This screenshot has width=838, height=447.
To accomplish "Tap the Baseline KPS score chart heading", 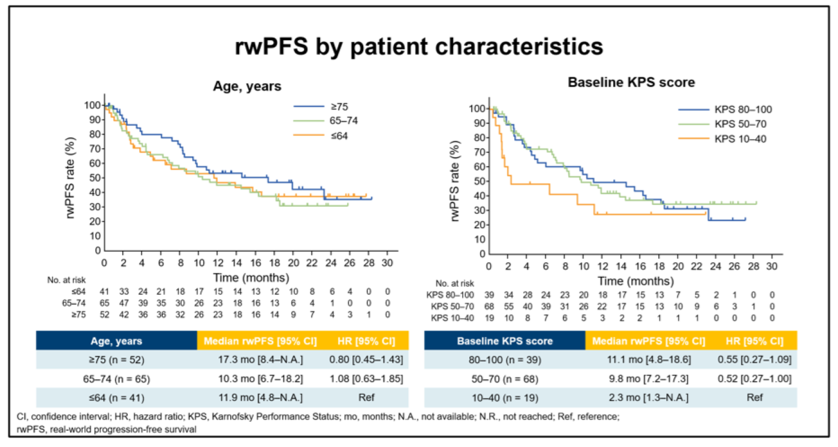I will (631, 83).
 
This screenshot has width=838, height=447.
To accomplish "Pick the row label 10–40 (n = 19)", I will (504, 398).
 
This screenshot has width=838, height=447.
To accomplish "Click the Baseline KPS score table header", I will (504, 341).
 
